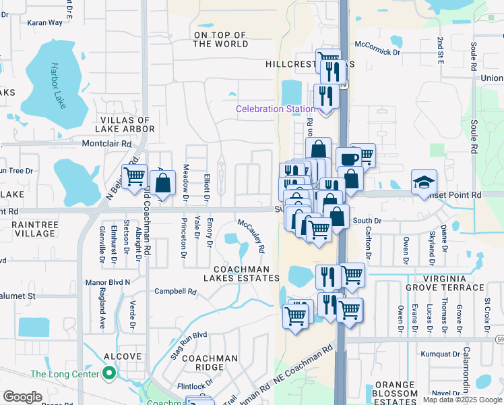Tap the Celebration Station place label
(x=275, y=109)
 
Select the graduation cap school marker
(x=424, y=182)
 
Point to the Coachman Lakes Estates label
(x=242, y=273)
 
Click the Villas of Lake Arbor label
(x=127, y=124)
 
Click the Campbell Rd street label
(x=175, y=292)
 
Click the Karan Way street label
(x=44, y=22)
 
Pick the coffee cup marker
(x=348, y=159)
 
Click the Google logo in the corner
(x=22, y=397)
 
